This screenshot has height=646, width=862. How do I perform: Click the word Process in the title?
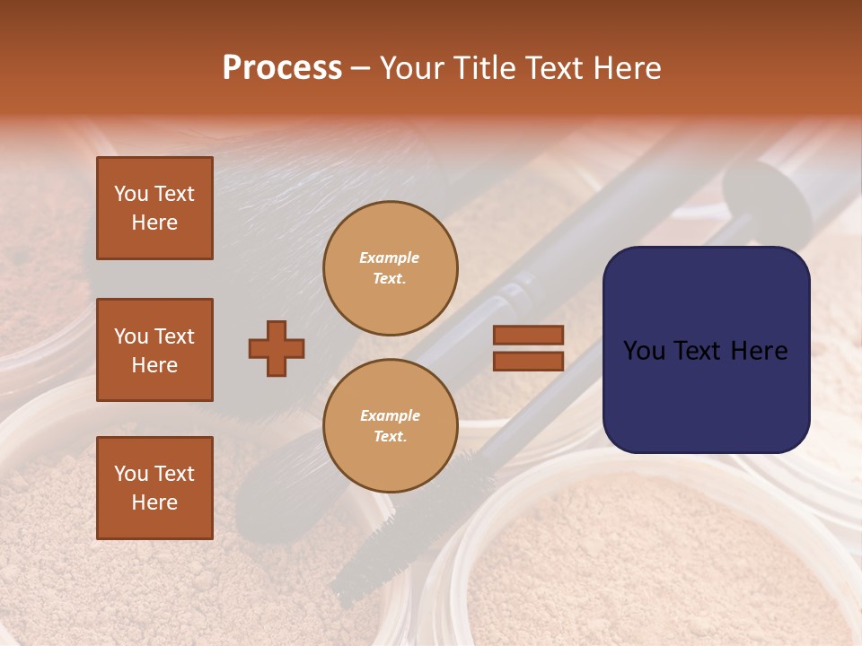[x=282, y=68]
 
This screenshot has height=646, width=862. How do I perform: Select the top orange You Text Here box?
[x=154, y=208]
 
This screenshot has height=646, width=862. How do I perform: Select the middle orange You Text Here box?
[x=154, y=350]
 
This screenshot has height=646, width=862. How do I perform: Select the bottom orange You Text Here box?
[x=154, y=488]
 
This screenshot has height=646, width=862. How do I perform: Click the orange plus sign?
[x=277, y=348]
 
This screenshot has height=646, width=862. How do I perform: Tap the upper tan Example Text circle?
[x=390, y=267]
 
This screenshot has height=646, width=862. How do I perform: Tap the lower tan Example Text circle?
[x=390, y=425]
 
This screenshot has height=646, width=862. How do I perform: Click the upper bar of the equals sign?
[x=528, y=335]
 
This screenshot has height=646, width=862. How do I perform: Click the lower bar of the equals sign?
[x=528, y=361]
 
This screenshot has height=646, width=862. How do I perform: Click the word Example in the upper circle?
[x=389, y=258]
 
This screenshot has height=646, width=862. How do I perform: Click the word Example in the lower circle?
[x=390, y=415]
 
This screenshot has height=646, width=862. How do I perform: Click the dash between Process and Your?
[x=361, y=69]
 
